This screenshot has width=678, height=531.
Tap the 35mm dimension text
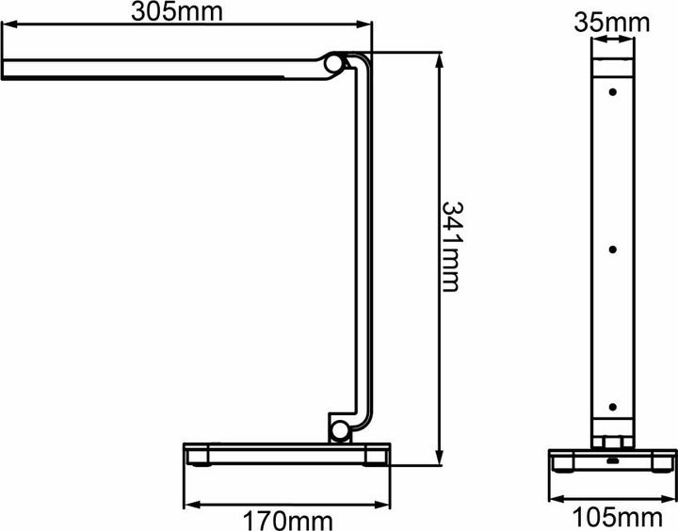click(x=612, y=20)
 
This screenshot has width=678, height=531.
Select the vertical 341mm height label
click(x=451, y=246)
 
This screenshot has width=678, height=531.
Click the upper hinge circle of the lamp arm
click(x=334, y=64)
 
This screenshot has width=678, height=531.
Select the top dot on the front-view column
click(x=612, y=92)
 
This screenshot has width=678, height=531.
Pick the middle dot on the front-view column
click(x=612, y=249)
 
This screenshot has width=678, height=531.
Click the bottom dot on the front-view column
click(x=612, y=407)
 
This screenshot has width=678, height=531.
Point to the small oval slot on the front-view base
click(x=612, y=461)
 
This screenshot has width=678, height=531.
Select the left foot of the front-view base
click(x=563, y=460)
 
